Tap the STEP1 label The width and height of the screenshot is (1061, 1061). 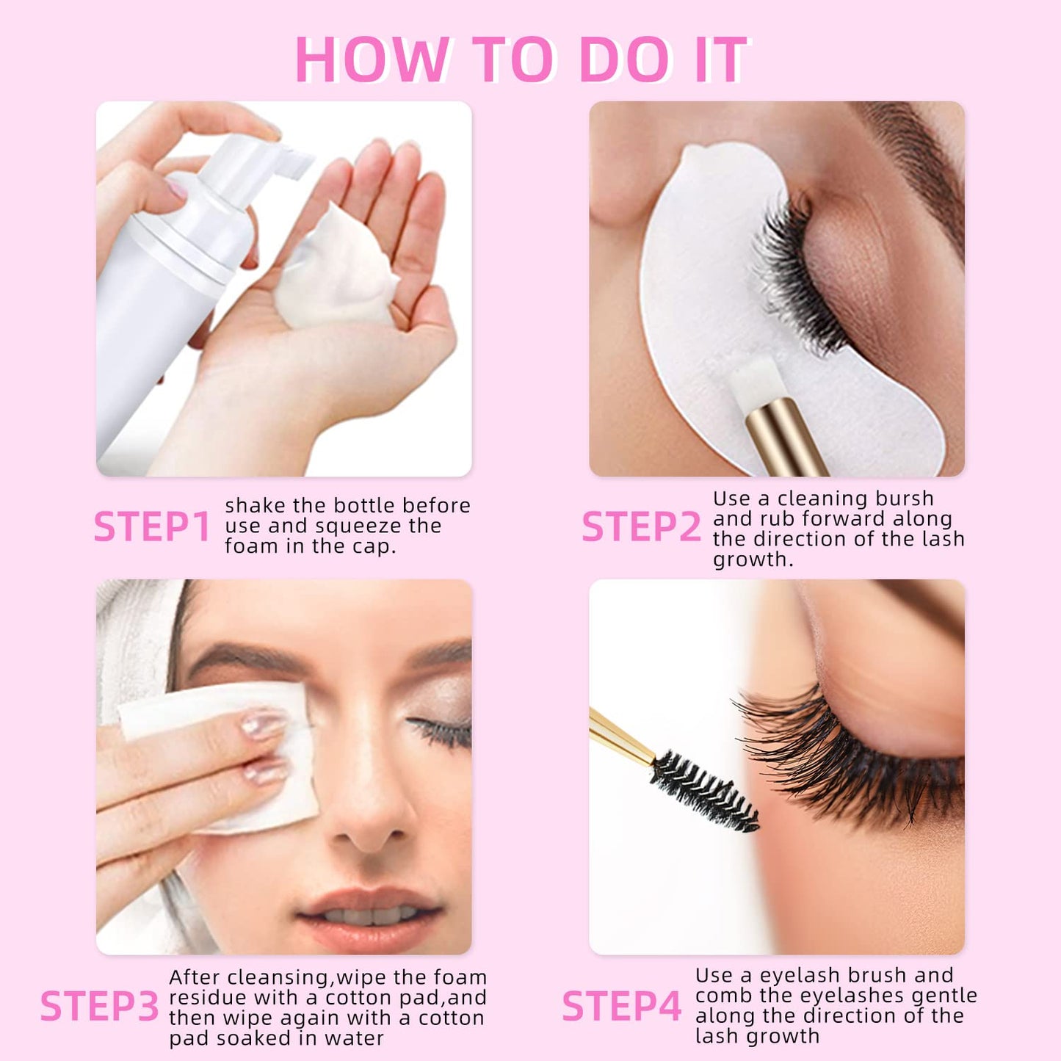[x=152, y=527]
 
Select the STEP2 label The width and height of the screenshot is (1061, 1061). [x=641, y=527]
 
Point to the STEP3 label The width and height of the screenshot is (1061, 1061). [x=99, y=1006]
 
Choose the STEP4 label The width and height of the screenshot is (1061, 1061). [x=621, y=1006]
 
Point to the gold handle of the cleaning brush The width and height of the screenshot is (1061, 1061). [x=786, y=441]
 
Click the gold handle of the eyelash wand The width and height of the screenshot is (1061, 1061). [x=620, y=734]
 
